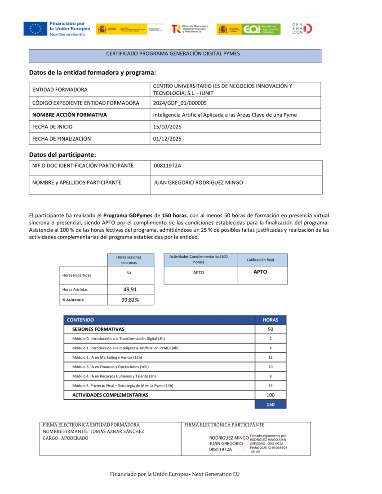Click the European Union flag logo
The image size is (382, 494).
click(35, 29)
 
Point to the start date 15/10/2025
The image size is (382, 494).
click(167, 127)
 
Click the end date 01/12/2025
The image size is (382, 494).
click(167, 139)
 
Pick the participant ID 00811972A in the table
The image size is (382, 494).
click(167, 166)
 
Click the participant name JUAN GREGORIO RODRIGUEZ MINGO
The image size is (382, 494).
click(198, 183)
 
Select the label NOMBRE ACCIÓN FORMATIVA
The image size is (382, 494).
click(70, 115)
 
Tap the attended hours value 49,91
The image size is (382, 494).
click(130, 290)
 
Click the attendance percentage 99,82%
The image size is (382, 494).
click(130, 300)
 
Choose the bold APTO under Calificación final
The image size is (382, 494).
click(260, 272)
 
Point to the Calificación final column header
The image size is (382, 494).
click(260, 260)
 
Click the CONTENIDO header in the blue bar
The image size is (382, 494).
click(80, 320)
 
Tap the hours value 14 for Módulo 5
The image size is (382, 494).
click(270, 386)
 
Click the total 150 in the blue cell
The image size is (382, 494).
click(270, 404)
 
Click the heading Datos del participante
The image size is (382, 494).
click(62, 155)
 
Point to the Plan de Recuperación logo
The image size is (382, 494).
click(190, 29)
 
